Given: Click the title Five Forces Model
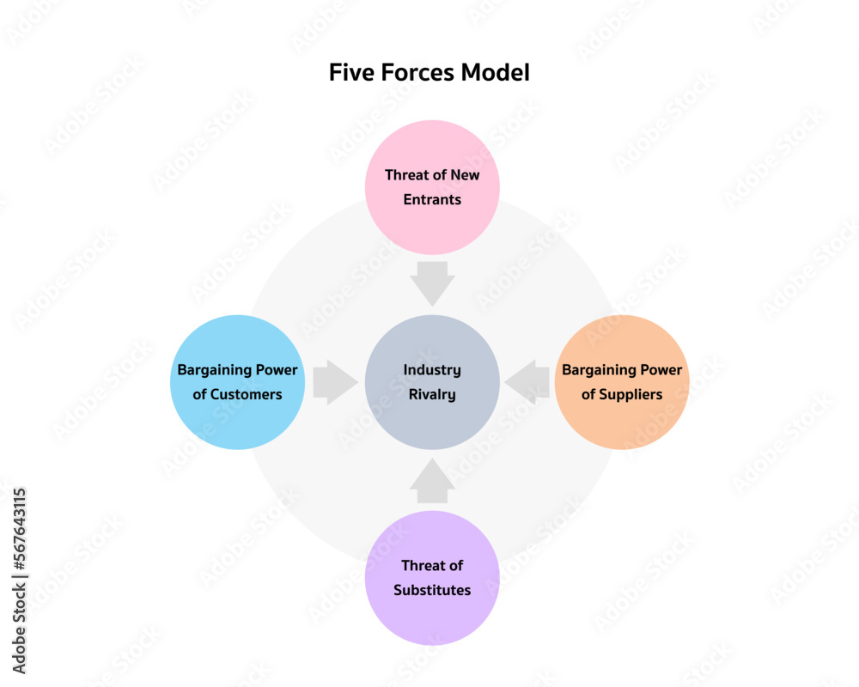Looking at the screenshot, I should pyautogui.click(x=429, y=73).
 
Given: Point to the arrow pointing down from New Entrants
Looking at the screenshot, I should pyautogui.click(x=432, y=283).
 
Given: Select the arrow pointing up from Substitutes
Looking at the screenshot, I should pyautogui.click(x=432, y=483).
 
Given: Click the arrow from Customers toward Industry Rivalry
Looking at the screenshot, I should pyautogui.click(x=334, y=382).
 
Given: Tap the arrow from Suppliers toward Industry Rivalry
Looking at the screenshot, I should pyautogui.click(x=528, y=382).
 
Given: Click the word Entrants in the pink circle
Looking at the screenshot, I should pyautogui.click(x=432, y=200).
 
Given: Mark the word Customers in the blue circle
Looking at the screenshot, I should pyautogui.click(x=247, y=395).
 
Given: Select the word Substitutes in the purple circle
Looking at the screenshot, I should pyautogui.click(x=432, y=591).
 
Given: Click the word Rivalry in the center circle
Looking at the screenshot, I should pyautogui.click(x=432, y=395).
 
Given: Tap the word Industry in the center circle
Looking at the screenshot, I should pyautogui.click(x=432, y=370).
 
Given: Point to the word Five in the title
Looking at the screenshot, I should pyautogui.click(x=349, y=73).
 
